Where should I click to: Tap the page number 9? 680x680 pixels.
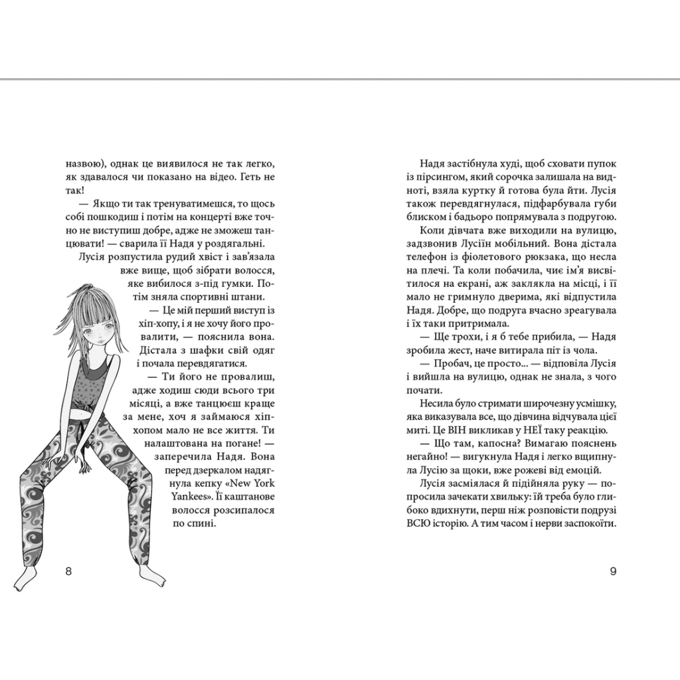click(x=613, y=572)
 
